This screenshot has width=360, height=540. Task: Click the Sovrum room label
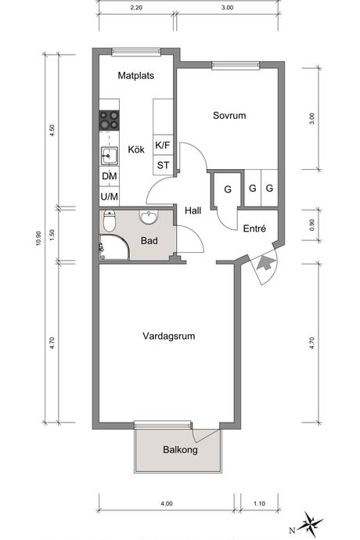(229, 115)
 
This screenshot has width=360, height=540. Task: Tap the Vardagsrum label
(169, 336)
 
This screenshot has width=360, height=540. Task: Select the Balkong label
(180, 450)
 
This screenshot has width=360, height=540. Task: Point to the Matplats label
(135, 76)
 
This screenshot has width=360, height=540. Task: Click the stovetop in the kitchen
(110, 121)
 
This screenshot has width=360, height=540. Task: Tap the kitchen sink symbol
(110, 156)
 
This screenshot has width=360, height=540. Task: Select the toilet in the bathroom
(110, 221)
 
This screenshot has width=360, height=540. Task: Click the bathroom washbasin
(149, 217)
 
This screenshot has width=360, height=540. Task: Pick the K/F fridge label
(163, 145)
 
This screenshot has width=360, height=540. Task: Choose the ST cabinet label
(163, 165)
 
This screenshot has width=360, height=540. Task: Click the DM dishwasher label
(110, 176)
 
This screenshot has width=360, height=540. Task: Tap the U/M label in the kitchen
(110, 196)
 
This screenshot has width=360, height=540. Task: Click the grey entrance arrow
(265, 262)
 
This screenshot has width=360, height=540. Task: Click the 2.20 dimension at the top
(136, 8)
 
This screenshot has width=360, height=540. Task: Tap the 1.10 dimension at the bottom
(259, 503)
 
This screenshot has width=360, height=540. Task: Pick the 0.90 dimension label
(312, 225)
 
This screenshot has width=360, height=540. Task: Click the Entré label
(254, 229)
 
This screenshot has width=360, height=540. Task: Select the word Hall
(193, 211)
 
